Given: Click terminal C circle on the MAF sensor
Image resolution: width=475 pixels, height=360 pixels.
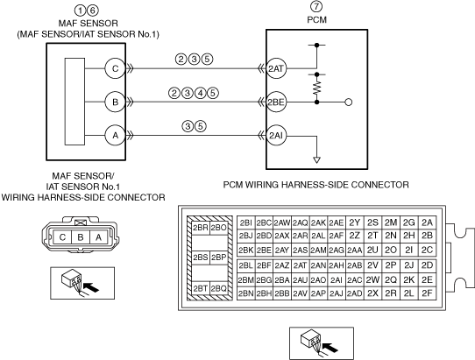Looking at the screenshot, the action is click(115, 68).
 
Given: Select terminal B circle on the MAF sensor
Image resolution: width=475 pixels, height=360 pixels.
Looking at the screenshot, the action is click(115, 102).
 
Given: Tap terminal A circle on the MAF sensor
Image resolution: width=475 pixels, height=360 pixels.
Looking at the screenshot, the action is click(115, 136).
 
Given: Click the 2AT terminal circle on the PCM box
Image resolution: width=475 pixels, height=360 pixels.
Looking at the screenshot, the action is click(276, 68).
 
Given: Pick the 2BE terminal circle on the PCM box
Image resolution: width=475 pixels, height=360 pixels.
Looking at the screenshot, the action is click(276, 102).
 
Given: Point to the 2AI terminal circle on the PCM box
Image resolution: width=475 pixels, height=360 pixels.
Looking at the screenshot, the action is click(276, 136).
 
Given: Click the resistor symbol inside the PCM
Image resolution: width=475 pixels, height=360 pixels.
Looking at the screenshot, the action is click(317, 88).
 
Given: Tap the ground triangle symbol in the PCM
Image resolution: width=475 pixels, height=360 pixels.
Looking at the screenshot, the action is click(317, 160).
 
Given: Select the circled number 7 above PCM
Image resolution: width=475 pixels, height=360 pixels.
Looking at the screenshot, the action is click(316, 6).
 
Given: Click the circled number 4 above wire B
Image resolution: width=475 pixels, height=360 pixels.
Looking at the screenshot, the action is click(200, 93).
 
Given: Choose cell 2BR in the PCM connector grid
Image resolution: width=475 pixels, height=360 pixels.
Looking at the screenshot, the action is click(200, 228).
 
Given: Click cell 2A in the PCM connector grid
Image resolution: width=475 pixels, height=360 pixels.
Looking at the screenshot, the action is click(427, 222).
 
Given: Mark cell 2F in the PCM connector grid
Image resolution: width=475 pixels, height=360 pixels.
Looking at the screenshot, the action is click(427, 293).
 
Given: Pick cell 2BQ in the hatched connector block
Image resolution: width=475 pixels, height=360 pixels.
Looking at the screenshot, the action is click(218, 288).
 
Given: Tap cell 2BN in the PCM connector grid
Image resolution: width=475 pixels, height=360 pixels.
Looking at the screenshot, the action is click(246, 293).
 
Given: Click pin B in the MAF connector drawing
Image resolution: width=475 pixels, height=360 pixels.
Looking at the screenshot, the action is click(81, 237).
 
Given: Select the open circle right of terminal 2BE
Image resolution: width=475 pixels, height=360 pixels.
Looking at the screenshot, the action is click(349, 102).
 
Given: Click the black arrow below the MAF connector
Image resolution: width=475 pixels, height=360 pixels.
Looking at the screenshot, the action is click(91, 287).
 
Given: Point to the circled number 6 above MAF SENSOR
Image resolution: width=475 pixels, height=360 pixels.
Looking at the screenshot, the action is click(93, 11).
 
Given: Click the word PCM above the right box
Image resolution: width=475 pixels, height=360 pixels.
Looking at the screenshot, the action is click(317, 19).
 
